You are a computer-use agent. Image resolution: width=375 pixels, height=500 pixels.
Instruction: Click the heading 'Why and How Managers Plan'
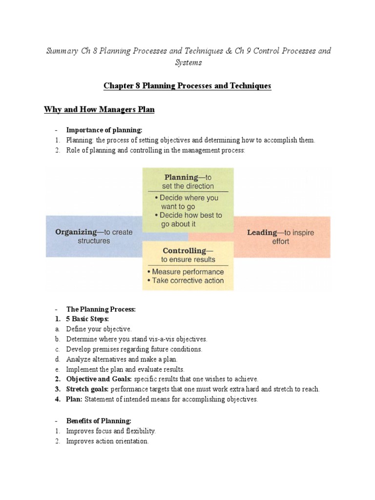99,110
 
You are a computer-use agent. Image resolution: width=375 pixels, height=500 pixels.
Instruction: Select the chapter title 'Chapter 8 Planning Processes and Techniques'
187,86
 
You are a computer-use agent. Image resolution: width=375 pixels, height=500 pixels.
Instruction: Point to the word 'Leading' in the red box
262,232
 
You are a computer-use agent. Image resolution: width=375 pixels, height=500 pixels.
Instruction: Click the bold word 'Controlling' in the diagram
170,251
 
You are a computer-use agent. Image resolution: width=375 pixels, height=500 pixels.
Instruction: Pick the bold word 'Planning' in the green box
181,177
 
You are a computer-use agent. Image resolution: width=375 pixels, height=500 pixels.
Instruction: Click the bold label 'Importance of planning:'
104,130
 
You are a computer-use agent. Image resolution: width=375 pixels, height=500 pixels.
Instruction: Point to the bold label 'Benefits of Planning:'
99,421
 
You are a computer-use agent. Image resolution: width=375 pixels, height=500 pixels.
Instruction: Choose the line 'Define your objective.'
99,329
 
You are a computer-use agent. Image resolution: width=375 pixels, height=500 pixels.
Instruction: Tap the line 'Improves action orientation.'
107,441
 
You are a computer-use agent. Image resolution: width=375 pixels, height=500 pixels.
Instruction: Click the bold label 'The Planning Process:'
101,309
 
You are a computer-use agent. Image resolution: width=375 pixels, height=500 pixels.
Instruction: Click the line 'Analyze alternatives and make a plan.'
122,359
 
